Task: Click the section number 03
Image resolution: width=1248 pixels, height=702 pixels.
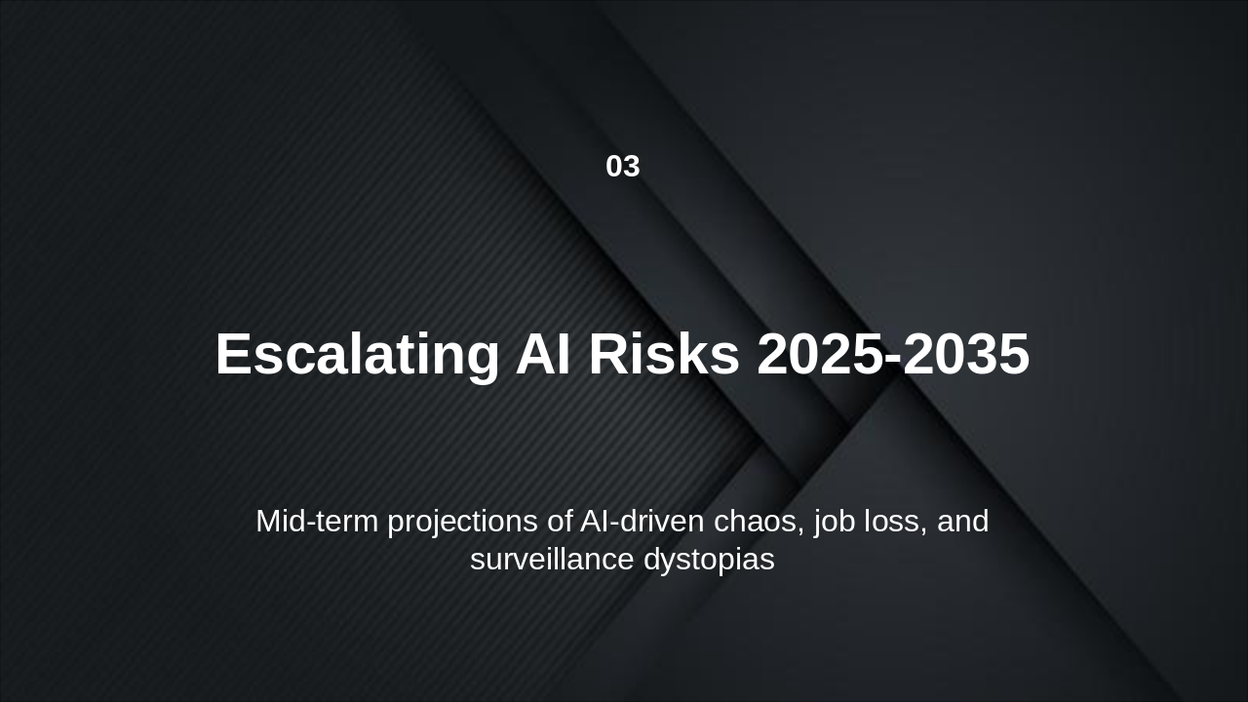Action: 623,167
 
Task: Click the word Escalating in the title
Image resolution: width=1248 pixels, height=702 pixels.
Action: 357,354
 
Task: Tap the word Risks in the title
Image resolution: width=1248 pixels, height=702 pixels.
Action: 664,354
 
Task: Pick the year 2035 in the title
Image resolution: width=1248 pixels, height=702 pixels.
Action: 966,354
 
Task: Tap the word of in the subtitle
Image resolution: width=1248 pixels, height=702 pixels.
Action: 560,522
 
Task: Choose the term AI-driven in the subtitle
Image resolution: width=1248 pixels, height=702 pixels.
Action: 642,522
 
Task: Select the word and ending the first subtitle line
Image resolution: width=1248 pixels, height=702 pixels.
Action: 962,522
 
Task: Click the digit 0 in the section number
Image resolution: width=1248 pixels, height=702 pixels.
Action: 614,167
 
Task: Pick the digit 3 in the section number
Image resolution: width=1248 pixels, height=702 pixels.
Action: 632,167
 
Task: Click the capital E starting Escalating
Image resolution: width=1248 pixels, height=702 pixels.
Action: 234,354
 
